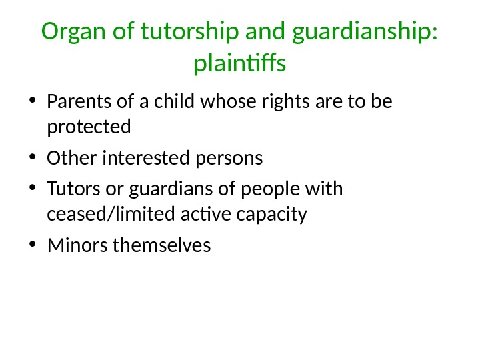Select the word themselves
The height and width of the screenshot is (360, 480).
pos(162,246)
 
